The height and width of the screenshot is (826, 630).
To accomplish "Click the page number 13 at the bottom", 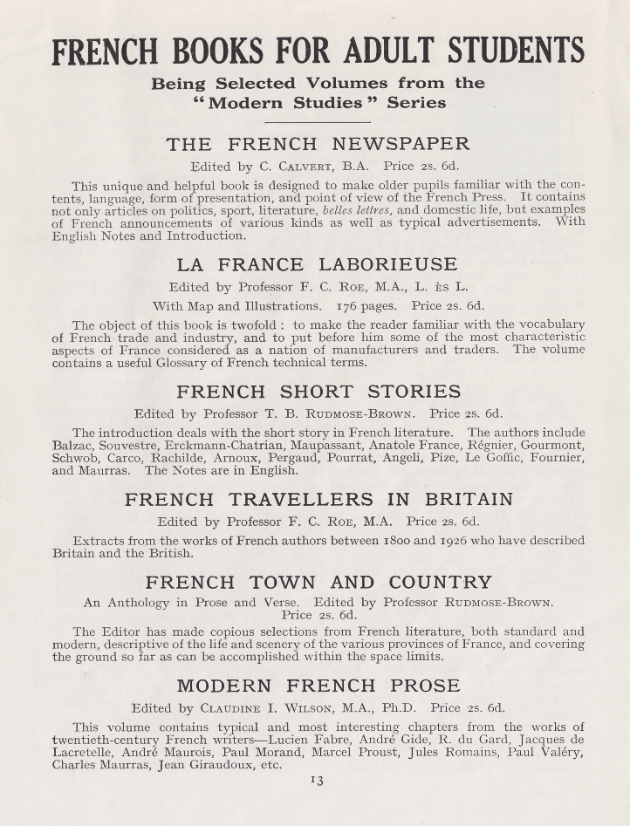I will point(315,780).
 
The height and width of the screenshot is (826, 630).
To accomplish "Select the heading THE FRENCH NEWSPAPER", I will point(318,144).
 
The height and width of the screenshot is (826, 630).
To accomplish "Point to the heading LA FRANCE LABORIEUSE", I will point(318,264).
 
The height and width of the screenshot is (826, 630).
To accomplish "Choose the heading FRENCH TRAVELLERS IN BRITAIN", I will point(318,500).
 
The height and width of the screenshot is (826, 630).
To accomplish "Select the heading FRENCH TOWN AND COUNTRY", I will point(318,582).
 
